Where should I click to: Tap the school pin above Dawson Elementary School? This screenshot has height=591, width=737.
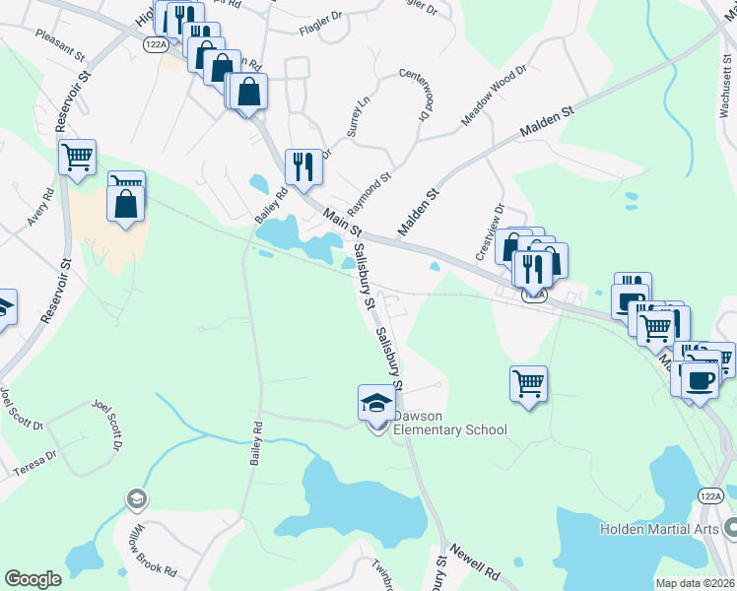375,404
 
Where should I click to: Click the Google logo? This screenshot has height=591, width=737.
33,578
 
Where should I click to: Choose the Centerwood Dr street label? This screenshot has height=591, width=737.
415,96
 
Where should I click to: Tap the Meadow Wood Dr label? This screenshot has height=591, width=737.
496,98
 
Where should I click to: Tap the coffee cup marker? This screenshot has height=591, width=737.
701,378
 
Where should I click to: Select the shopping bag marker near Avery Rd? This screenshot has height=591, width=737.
126,204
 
